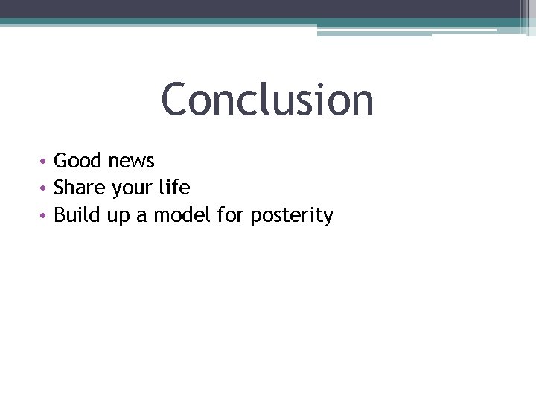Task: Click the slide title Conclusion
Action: [x=267, y=100]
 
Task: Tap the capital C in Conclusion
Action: [x=176, y=100]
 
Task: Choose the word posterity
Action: [x=292, y=217]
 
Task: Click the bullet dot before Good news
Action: [x=45, y=162]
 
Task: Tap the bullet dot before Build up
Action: [x=45, y=217]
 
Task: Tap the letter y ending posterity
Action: [x=328, y=218]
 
